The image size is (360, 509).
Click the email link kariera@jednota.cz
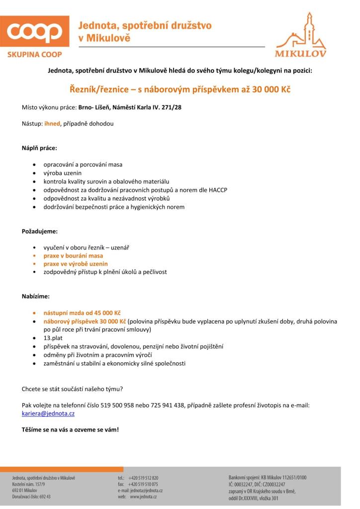point(48,413)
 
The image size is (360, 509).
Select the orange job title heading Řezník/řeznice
point(180,90)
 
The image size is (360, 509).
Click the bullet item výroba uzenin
point(63,172)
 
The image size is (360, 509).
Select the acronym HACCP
point(218,190)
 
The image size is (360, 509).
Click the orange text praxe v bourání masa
point(73,255)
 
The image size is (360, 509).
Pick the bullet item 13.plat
point(53,338)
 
